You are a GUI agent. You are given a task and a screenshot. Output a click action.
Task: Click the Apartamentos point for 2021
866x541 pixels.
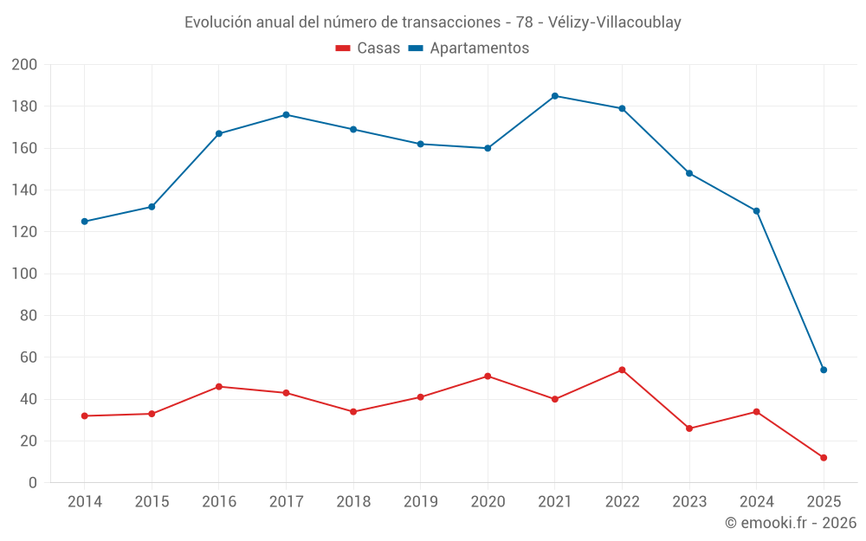(555, 96)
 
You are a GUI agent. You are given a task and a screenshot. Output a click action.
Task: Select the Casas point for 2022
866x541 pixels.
(622, 370)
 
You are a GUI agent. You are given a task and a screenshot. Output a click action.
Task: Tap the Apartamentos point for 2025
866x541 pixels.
(824, 370)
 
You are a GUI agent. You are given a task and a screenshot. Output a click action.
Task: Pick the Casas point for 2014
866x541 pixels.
(84, 415)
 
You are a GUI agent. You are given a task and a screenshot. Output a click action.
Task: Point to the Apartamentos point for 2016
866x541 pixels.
(219, 133)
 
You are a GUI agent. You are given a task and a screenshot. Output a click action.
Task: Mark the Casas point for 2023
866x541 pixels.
(689, 428)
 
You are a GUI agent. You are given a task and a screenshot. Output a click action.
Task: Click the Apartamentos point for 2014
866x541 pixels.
(84, 222)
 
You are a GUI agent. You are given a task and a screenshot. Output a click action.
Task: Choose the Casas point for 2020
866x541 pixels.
(488, 376)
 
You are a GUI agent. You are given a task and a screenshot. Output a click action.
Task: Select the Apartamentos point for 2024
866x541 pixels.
(756, 211)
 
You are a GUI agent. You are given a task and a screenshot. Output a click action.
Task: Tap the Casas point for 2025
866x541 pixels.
(824, 457)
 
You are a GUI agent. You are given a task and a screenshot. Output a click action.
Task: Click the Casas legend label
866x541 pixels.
(378, 48)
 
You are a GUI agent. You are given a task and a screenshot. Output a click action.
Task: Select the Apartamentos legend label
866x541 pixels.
(479, 48)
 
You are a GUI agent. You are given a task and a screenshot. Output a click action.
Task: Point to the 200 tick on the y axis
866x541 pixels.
(24, 65)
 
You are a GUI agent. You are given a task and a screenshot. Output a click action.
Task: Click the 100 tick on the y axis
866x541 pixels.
(24, 274)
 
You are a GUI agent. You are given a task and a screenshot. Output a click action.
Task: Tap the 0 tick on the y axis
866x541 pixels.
(33, 483)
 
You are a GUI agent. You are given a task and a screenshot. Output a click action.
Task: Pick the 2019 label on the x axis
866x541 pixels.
(421, 502)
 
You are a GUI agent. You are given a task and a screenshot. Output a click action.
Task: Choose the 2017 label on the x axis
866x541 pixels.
(286, 502)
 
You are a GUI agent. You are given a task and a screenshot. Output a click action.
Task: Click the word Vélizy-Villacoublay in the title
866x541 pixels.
(615, 23)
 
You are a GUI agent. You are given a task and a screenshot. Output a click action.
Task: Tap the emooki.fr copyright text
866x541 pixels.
(791, 523)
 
